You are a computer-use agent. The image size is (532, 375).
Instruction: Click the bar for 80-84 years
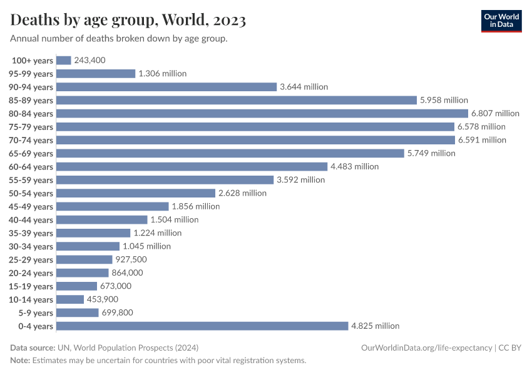(x=262, y=113)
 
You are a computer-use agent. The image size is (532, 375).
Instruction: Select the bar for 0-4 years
(x=202, y=326)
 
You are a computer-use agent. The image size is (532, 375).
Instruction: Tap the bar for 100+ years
(x=63, y=60)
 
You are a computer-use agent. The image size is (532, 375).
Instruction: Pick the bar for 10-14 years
(x=69, y=299)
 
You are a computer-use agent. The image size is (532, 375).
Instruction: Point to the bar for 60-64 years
(x=192, y=166)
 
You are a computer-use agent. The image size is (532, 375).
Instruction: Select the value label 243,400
(x=90, y=60)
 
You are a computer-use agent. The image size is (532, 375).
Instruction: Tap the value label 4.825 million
(x=376, y=326)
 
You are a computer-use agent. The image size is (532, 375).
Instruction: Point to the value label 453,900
(x=103, y=299)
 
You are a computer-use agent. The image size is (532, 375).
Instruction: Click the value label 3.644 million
(x=304, y=87)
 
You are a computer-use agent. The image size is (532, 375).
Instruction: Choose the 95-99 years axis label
(x=31, y=74)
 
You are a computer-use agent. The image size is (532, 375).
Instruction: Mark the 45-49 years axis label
(x=31, y=206)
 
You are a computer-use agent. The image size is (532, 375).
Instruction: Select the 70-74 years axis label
(x=31, y=140)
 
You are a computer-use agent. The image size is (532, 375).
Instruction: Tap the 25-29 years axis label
(x=31, y=259)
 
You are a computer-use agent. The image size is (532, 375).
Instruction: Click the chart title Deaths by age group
(x=128, y=20)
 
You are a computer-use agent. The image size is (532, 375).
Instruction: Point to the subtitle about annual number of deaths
(x=118, y=39)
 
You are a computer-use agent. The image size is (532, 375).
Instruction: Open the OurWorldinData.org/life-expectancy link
(x=426, y=347)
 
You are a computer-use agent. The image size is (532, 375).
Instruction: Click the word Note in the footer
(x=20, y=361)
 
